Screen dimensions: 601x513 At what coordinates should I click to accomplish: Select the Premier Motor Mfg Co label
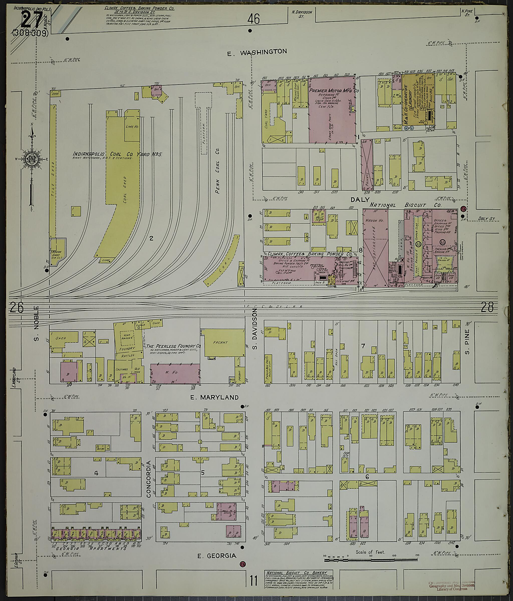[x=334, y=91]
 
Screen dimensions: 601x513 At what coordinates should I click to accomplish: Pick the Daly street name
[x=360, y=200]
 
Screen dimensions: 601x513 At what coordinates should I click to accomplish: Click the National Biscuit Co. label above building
[x=405, y=205]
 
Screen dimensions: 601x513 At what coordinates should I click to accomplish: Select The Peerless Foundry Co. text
[x=174, y=346]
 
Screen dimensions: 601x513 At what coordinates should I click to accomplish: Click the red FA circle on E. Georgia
[x=242, y=564]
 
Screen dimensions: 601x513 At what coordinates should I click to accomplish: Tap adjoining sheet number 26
[x=16, y=308]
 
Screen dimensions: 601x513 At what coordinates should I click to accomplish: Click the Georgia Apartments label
[x=91, y=548]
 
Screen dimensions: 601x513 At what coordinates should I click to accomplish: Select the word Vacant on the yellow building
[x=220, y=342]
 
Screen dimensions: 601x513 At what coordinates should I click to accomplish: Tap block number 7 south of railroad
[x=363, y=346]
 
